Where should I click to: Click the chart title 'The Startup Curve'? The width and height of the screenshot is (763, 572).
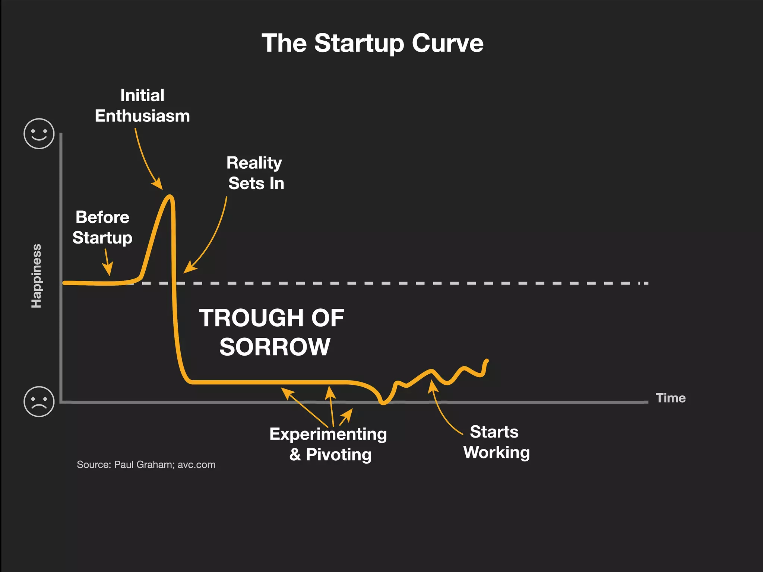tap(373, 43)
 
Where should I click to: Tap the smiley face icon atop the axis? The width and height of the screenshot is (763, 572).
tap(39, 134)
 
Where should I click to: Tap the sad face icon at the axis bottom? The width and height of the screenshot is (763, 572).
tap(39, 401)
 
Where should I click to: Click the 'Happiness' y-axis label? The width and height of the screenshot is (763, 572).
tap(36, 276)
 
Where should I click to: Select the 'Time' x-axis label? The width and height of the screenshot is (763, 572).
tap(670, 398)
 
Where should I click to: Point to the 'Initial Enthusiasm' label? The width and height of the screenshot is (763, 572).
tap(142, 106)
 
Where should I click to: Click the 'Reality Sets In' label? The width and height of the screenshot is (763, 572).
tap(256, 173)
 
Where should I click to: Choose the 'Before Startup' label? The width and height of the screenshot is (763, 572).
tap(102, 227)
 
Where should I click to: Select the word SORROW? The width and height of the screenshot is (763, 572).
tap(275, 347)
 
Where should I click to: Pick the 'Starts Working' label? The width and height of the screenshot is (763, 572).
tap(496, 442)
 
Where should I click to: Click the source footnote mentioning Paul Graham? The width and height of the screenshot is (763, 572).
tap(146, 464)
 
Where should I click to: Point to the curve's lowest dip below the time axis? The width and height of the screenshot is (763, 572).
tap(383, 402)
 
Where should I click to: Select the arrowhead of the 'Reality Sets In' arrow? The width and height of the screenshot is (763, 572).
tap(188, 269)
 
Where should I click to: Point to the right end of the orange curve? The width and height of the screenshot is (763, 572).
tap(487, 360)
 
